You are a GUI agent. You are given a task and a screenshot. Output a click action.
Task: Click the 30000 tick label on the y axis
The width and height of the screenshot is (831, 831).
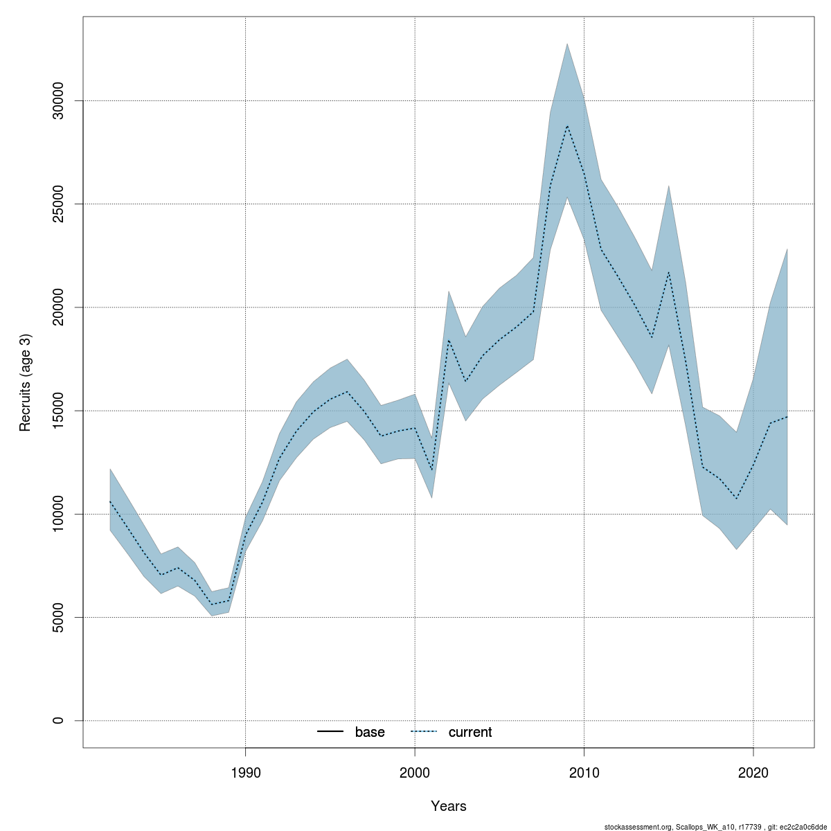click(58, 101)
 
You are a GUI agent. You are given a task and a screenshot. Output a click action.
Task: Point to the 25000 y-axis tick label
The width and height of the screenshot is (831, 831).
click(58, 204)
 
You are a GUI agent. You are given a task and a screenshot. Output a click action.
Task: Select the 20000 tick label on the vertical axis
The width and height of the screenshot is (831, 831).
click(58, 307)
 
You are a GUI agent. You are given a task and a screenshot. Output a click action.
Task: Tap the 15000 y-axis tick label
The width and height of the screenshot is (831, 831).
click(58, 411)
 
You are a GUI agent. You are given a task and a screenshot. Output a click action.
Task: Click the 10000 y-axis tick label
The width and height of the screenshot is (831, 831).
click(58, 514)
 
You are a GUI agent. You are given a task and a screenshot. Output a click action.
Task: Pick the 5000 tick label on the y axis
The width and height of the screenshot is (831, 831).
click(58, 617)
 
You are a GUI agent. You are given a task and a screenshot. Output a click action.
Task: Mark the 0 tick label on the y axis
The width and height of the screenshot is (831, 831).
click(58, 720)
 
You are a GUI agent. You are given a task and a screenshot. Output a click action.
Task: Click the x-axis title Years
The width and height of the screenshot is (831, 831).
click(449, 806)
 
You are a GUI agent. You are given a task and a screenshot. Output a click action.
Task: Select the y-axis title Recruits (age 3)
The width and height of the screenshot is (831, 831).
click(26, 382)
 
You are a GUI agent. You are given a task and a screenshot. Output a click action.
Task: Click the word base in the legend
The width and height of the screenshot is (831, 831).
click(370, 732)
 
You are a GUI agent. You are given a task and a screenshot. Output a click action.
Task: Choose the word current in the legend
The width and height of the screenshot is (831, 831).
click(470, 732)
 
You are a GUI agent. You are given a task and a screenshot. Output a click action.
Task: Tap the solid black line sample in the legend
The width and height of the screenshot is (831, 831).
click(330, 732)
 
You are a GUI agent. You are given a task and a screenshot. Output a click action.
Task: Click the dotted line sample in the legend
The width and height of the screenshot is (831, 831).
click(424, 732)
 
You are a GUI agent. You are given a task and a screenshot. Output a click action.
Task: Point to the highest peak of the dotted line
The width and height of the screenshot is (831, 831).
click(567, 125)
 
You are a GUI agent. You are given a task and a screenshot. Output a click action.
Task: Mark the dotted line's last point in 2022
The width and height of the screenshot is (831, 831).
click(787, 417)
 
